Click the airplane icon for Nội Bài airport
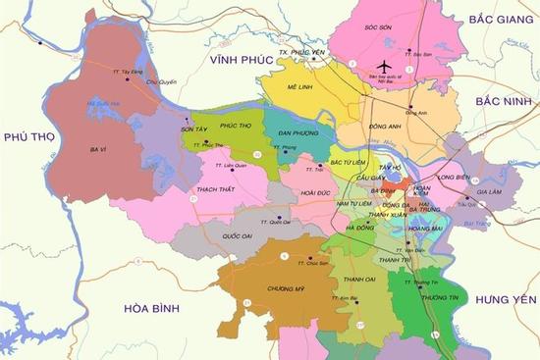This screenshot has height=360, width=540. (384, 52)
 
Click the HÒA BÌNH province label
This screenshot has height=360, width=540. (148, 308)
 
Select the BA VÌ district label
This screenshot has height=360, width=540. (98, 149)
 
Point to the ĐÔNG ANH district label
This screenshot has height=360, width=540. (384, 127)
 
